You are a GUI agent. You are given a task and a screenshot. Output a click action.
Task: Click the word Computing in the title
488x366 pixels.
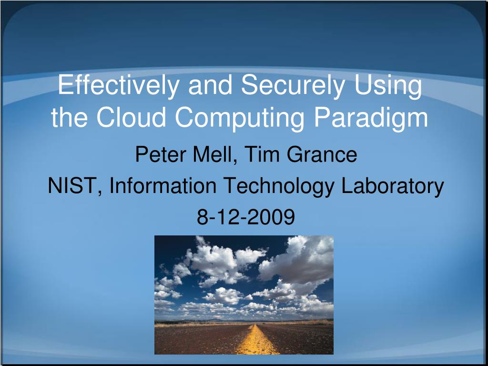(x=241, y=119)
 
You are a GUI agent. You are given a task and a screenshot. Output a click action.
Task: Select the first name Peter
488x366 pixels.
(x=158, y=155)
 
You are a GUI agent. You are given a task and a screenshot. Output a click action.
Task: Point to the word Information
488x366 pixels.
(x=163, y=186)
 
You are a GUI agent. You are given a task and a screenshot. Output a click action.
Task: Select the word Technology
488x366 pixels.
(x=280, y=187)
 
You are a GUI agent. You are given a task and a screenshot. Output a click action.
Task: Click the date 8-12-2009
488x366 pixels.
(x=246, y=217)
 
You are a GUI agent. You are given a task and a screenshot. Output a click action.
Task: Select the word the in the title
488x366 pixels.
(x=71, y=118)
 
